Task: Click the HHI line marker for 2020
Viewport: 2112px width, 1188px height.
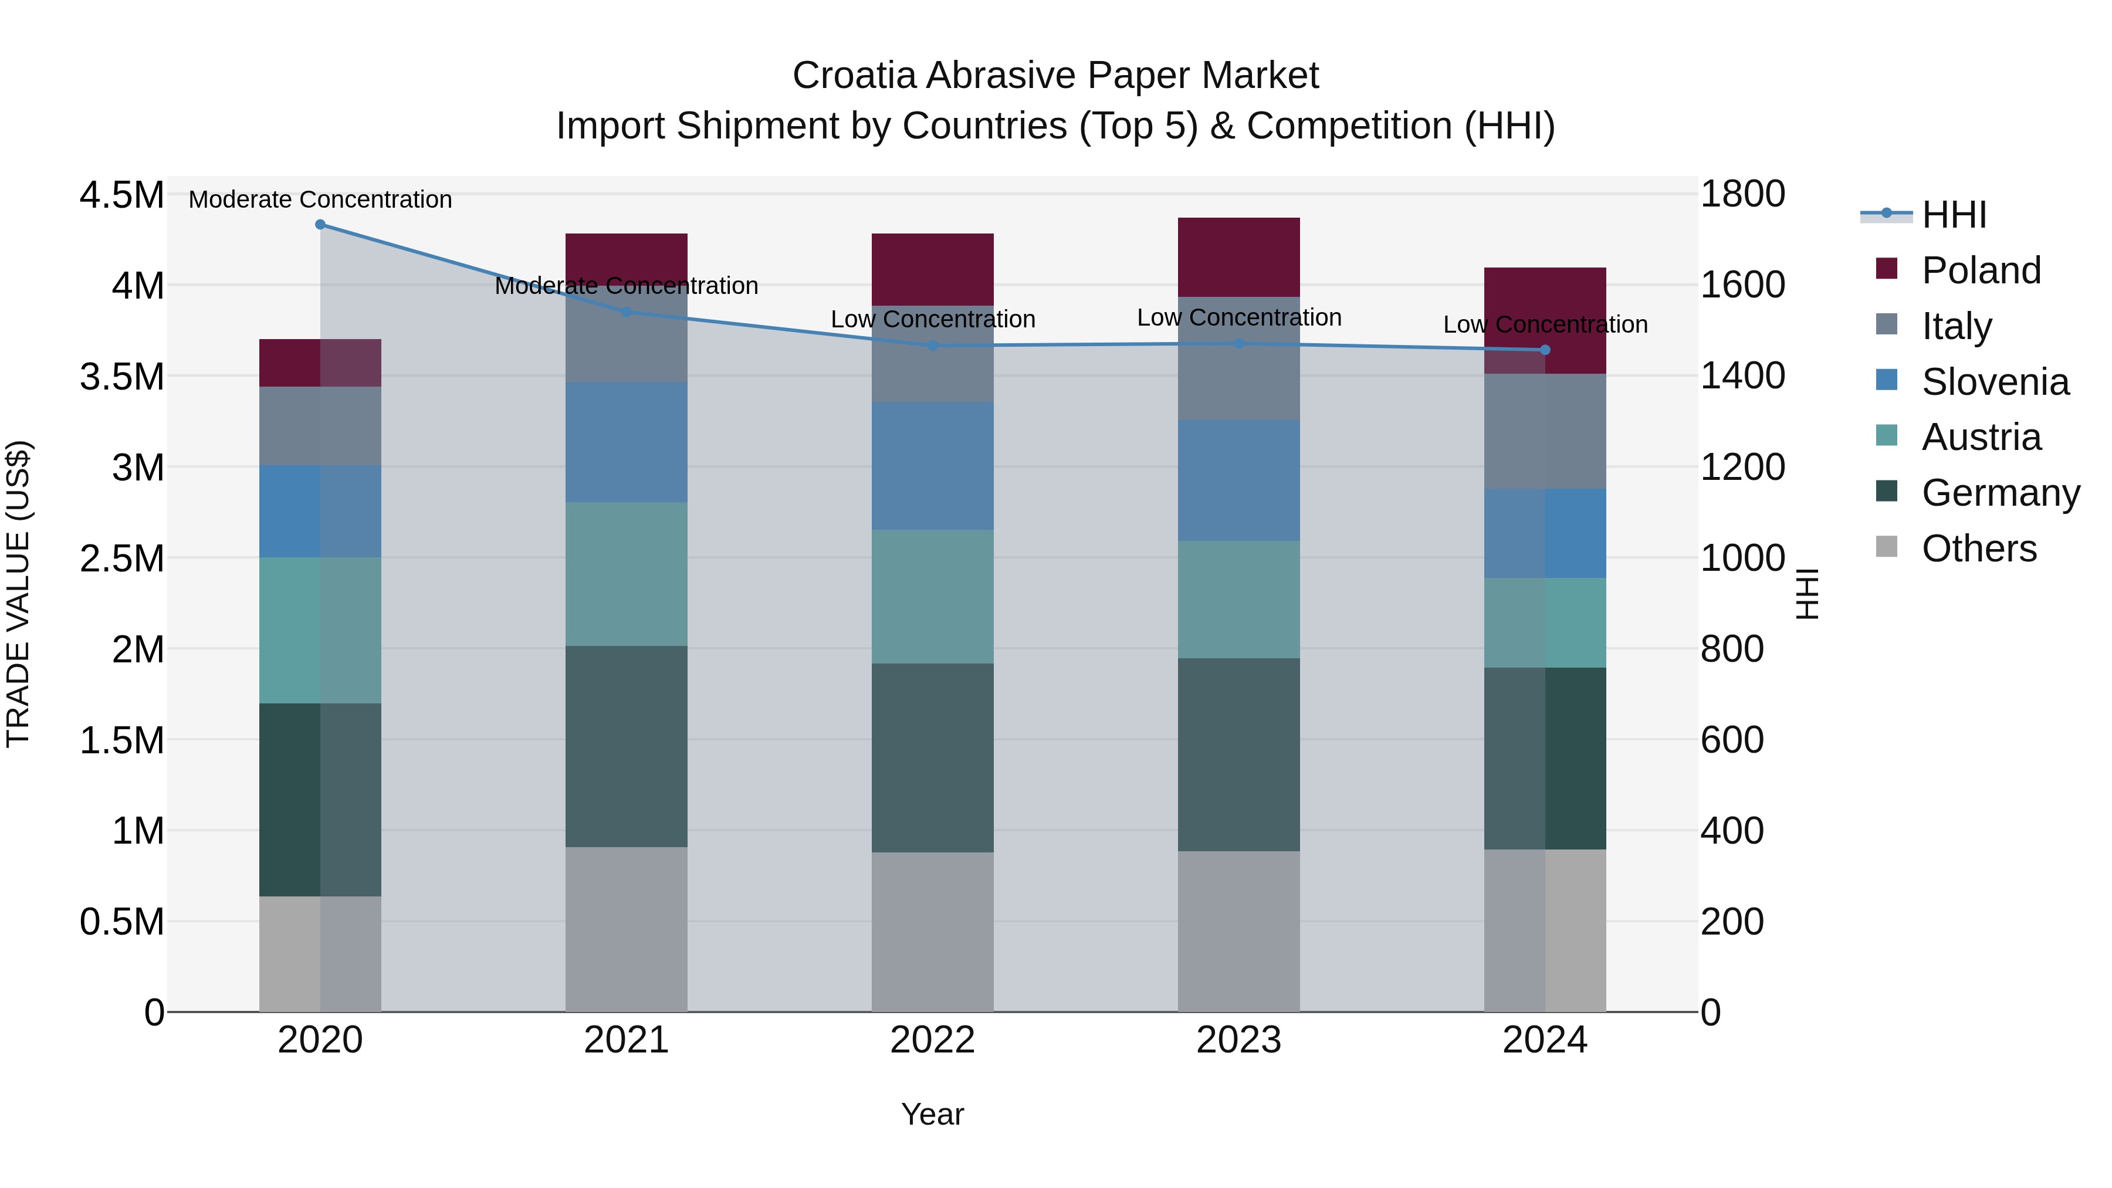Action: pyautogui.click(x=320, y=225)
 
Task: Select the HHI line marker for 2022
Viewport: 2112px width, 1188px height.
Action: pyautogui.click(x=932, y=346)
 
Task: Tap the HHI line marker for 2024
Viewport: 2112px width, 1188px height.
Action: pyautogui.click(x=1545, y=350)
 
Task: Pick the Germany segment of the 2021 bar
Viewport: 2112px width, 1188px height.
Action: pyautogui.click(x=627, y=746)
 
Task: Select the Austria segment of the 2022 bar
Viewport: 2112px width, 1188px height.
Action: pyautogui.click(x=932, y=596)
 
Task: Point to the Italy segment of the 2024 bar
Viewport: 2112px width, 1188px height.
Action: pyautogui.click(x=1545, y=431)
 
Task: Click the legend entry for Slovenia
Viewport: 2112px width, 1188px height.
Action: pyautogui.click(x=1994, y=382)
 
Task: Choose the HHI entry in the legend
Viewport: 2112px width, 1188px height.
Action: pyautogui.click(x=1954, y=215)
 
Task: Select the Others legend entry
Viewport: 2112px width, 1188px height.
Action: pyautogui.click(x=1978, y=549)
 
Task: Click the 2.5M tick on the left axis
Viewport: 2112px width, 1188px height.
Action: pyautogui.click(x=121, y=559)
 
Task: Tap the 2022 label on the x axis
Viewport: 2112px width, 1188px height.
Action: pyautogui.click(x=932, y=1040)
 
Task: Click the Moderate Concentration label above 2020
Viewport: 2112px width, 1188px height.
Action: pyautogui.click(x=320, y=199)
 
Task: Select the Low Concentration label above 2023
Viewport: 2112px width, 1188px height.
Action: pyautogui.click(x=1239, y=317)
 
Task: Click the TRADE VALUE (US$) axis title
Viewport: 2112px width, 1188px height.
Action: pyautogui.click(x=18, y=594)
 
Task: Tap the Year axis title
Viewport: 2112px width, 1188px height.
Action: pyautogui.click(x=932, y=1114)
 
